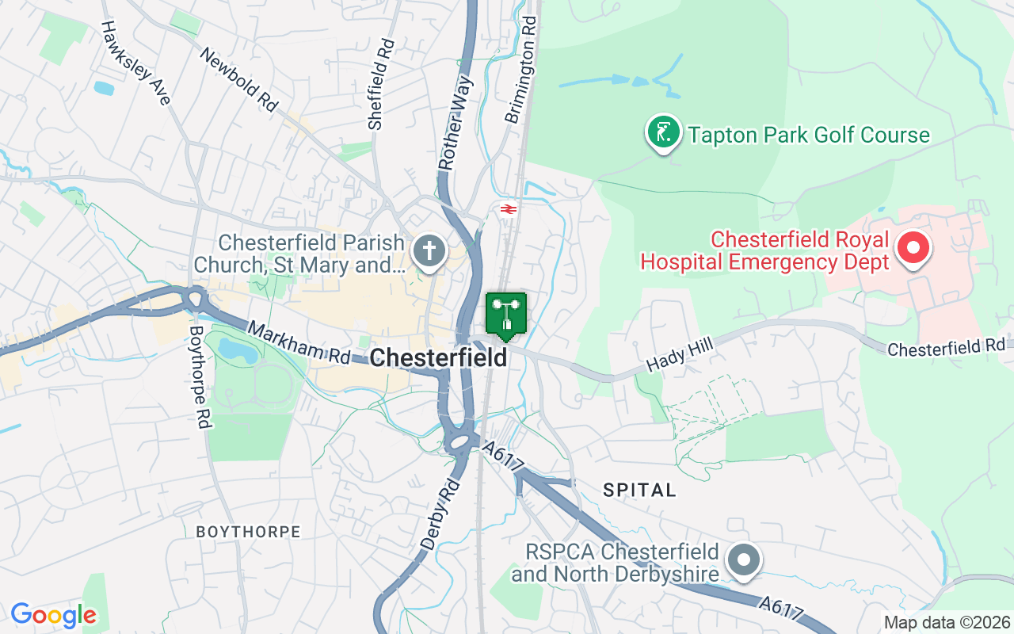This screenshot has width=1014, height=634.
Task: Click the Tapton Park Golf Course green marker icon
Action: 663,132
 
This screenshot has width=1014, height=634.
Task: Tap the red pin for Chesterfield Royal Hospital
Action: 913,248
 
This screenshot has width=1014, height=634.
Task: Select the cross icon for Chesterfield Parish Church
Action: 429,251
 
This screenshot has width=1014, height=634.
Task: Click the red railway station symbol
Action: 508,209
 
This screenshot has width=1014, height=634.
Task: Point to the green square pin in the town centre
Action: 505,315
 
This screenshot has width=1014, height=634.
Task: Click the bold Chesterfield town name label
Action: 438,357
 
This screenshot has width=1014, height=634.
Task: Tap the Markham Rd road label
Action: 299,343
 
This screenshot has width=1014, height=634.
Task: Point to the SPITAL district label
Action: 639,490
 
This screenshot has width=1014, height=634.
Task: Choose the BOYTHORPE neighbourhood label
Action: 249,532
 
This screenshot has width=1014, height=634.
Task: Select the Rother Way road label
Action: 456,123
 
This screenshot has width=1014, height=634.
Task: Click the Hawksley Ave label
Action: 135,63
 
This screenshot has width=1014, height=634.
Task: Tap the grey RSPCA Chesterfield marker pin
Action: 744,560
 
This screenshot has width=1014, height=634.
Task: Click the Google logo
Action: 54,614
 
